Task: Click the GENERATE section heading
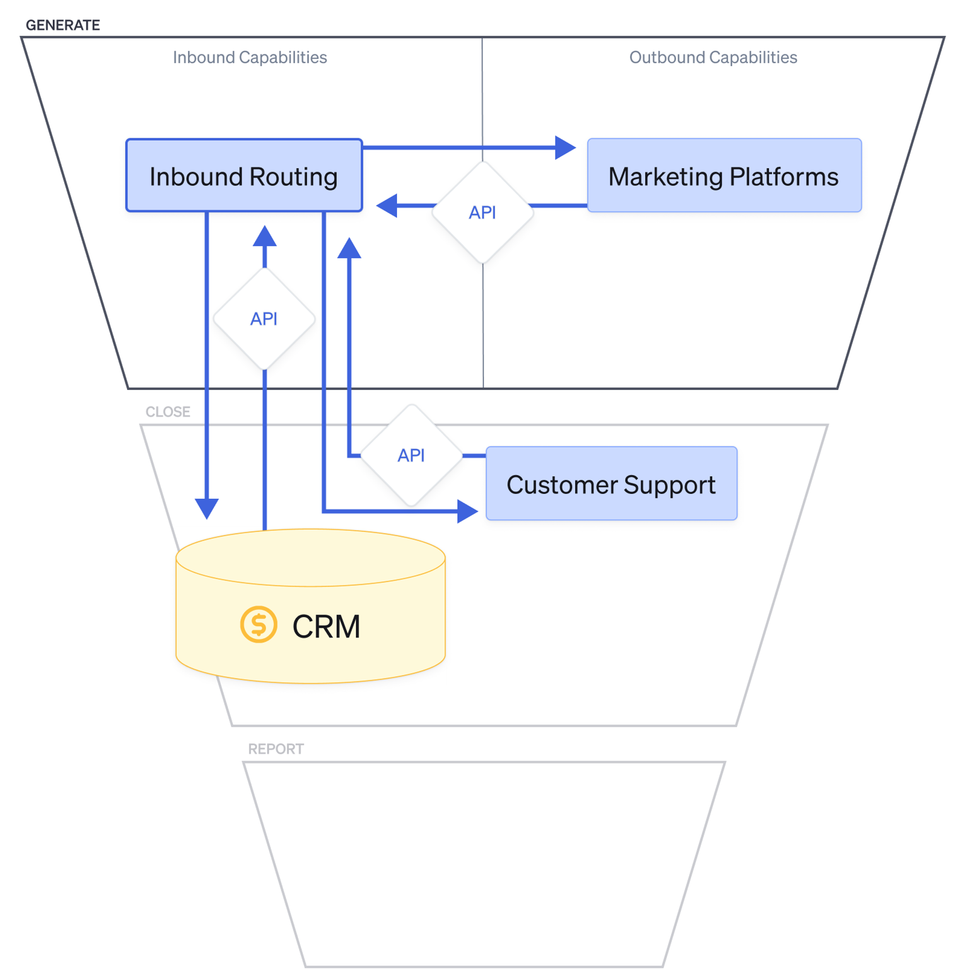pyautogui.click(x=62, y=25)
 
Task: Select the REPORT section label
pyautogui.click(x=275, y=749)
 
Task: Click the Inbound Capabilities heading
pyautogui.click(x=250, y=58)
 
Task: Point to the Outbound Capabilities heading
pyautogui.click(x=712, y=58)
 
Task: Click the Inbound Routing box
pyautogui.click(x=243, y=175)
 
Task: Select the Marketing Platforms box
pyautogui.click(x=724, y=175)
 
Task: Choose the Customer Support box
pyautogui.click(x=611, y=483)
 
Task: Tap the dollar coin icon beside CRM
pyautogui.click(x=258, y=624)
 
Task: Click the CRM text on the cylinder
pyautogui.click(x=326, y=626)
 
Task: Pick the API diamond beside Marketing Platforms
pyautogui.click(x=482, y=213)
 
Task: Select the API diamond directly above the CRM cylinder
pyautogui.click(x=264, y=318)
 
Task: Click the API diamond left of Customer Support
pyautogui.click(x=411, y=456)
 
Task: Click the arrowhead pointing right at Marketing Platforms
pyautogui.click(x=565, y=147)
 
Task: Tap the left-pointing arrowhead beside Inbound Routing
pyautogui.click(x=387, y=205)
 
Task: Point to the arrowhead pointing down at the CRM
pyautogui.click(x=207, y=508)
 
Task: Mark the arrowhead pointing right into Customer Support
pyautogui.click(x=467, y=511)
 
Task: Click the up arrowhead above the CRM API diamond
pyautogui.click(x=265, y=237)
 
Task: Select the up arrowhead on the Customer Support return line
pyautogui.click(x=349, y=248)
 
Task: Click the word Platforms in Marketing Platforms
pyautogui.click(x=783, y=176)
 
